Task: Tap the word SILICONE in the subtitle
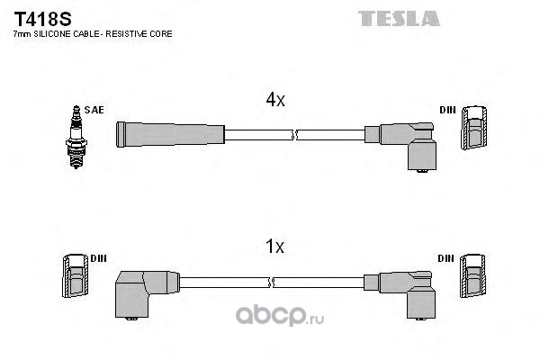click(x=58, y=33)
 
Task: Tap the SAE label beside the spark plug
click(x=96, y=110)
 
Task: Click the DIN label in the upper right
click(x=447, y=110)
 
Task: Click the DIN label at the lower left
click(x=98, y=258)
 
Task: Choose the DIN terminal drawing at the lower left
click(x=75, y=276)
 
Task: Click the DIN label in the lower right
click(x=447, y=258)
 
